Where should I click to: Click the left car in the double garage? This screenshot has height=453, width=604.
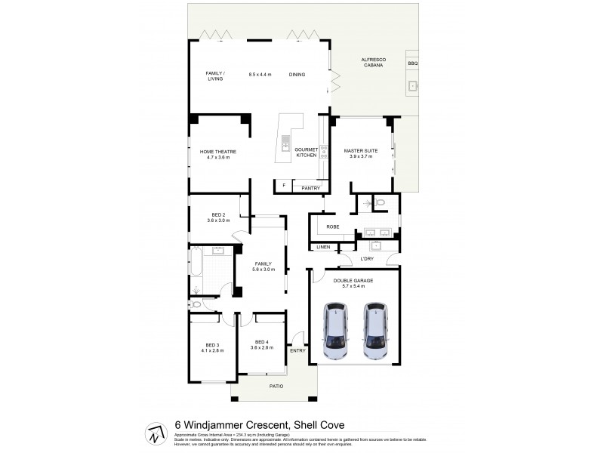[336, 331]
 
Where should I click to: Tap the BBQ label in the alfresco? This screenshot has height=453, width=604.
[412, 64]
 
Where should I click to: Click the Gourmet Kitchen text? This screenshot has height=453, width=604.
[305, 153]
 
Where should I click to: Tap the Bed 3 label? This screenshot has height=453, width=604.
[212, 347]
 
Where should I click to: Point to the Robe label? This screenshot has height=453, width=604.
[332, 226]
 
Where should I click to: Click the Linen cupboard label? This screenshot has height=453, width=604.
[322, 248]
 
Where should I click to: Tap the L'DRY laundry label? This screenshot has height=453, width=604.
[368, 259]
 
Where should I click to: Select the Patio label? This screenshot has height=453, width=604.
[276, 386]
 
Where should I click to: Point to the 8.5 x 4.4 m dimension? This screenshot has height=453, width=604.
[260, 74]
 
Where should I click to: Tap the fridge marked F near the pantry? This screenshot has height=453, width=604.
[283, 185]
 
